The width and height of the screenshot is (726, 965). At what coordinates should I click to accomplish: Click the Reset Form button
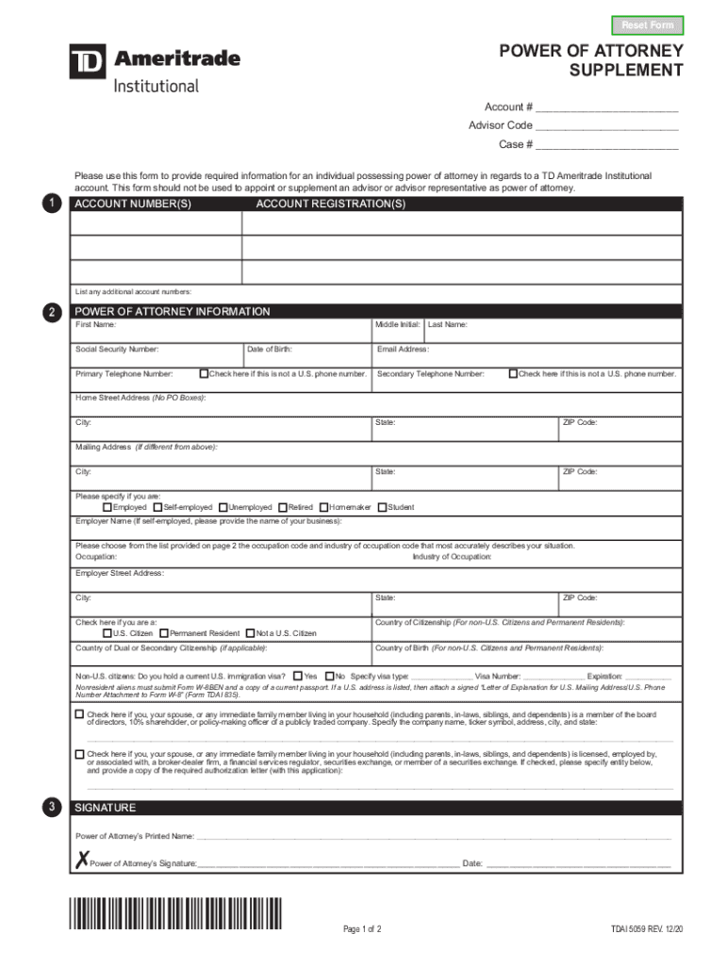coord(648,25)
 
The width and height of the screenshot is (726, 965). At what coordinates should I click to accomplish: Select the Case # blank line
coord(607,145)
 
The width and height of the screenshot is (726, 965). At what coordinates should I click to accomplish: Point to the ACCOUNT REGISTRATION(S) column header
coord(330,204)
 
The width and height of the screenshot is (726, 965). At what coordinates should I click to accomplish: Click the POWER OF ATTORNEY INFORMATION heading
coord(173,311)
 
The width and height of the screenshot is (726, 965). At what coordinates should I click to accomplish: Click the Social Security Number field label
coord(117,350)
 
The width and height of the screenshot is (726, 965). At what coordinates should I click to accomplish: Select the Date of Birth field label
coord(270,350)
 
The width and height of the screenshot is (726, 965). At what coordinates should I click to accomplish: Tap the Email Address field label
coord(403,350)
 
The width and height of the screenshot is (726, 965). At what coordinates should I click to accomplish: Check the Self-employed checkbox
coord(157,507)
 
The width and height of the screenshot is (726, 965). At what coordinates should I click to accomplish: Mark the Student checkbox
coord(382,507)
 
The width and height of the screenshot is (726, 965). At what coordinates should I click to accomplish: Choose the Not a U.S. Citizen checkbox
coord(250,633)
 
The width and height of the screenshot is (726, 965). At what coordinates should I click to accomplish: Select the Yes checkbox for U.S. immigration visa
coord(297,676)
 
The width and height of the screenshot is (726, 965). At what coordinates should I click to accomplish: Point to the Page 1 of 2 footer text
coord(362,929)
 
